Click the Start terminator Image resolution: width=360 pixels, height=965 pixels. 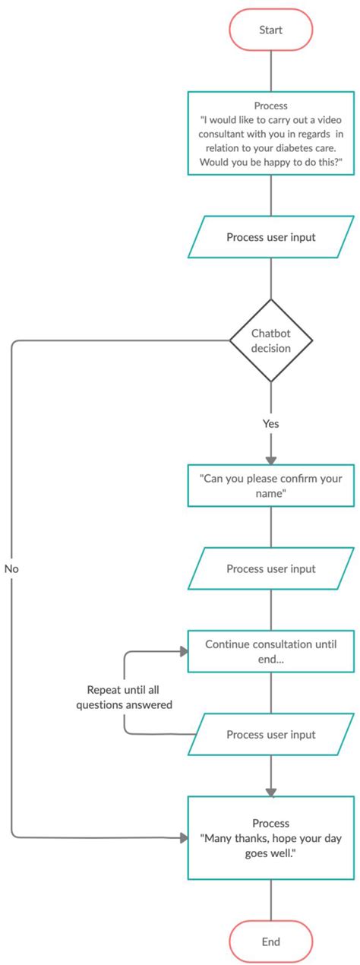coord(271,30)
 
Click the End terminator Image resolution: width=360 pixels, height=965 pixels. coord(271,941)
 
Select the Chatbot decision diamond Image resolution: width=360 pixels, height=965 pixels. coord(271,340)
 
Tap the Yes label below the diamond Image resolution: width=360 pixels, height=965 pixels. coord(270,423)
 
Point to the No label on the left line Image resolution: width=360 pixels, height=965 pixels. coord(11,568)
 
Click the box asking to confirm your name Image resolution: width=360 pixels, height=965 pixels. coord(271,486)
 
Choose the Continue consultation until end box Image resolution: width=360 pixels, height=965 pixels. coord(271,651)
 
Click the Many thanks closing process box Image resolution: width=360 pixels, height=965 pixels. coord(271,837)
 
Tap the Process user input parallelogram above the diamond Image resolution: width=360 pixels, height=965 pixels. coord(271,237)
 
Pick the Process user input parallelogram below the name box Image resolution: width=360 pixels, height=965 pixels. coord(271,568)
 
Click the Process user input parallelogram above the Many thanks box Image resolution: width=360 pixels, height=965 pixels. coord(271,734)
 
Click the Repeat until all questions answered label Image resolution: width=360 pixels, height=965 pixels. coord(129,698)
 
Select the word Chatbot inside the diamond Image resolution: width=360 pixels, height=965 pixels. coord(271,333)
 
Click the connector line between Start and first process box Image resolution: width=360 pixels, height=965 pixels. coord(271,71)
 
